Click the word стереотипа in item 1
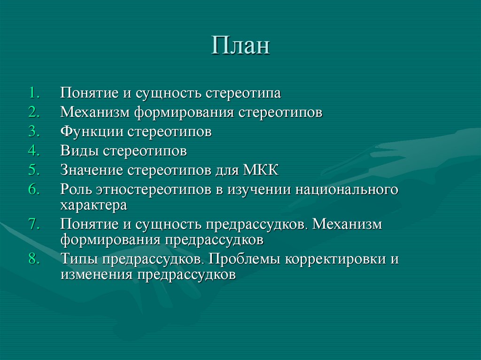[x=243, y=93]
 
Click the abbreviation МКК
[x=260, y=170]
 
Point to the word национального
[x=341, y=190]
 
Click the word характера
[x=93, y=206]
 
